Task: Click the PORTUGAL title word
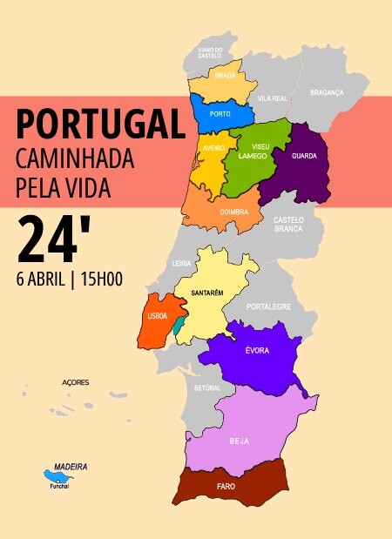100,125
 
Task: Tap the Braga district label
225,77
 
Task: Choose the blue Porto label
220,114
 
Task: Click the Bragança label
327,92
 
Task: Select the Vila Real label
273,99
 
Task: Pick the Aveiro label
214,149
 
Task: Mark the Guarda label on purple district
304,157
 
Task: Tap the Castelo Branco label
288,224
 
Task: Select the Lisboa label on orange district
158,317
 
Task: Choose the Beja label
240,441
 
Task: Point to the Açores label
76,382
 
